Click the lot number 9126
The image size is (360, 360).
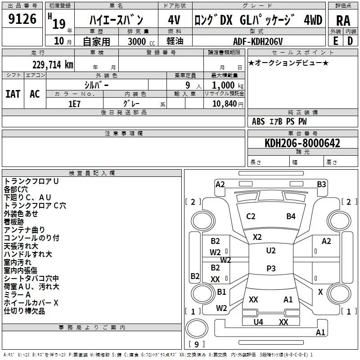pos(22,19)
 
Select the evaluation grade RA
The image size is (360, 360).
pos(343,21)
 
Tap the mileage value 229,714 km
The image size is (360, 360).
pos(53,65)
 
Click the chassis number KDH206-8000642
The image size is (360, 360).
pos(302,143)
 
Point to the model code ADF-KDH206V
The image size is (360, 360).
pos(258,41)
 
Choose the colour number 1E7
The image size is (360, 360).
pos(74,104)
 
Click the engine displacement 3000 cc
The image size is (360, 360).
pos(141,41)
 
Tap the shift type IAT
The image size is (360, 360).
pos(13,94)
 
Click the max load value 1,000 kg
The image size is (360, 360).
pos(228,85)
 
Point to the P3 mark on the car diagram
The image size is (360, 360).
pos(271,268)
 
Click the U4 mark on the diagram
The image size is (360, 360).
pos(258,322)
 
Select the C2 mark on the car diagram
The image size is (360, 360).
pos(251,216)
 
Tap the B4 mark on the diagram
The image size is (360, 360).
pos(291,216)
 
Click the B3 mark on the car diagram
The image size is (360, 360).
pos(321,184)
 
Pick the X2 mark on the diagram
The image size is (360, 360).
pos(257,237)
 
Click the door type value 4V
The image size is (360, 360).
pos(174,20)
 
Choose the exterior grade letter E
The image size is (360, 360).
pos(336,41)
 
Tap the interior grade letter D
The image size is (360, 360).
pos(350,41)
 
